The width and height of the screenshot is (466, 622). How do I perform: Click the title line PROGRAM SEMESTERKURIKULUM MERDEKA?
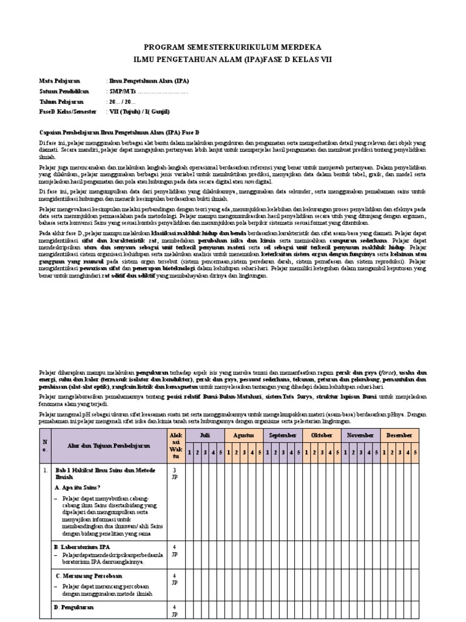[x=233, y=47]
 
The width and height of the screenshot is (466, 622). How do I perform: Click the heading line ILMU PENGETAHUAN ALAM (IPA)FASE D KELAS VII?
[x=233, y=59]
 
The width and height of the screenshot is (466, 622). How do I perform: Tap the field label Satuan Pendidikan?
[x=64, y=91]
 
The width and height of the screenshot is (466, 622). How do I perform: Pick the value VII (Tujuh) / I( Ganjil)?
[x=140, y=112]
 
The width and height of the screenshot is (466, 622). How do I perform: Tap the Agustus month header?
[x=243, y=436]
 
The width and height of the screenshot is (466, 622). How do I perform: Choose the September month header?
[x=283, y=436]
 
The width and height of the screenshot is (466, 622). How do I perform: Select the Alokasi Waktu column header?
[x=175, y=445]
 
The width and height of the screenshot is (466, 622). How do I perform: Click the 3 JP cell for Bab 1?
[x=175, y=473]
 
